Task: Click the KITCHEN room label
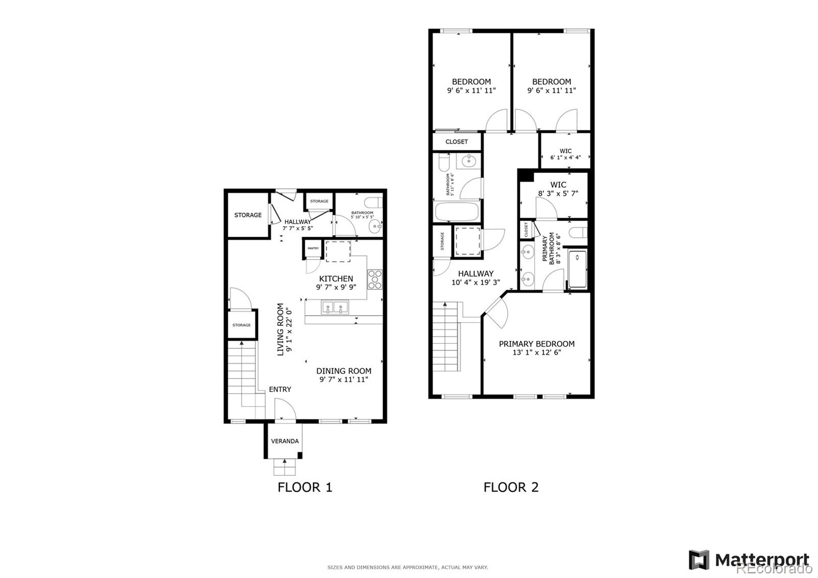pyautogui.click(x=336, y=279)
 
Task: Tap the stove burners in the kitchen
pyautogui.click(x=375, y=279)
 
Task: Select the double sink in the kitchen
pyautogui.click(x=335, y=307)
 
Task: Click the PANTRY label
pyautogui.click(x=313, y=249)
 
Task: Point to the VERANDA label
pyautogui.click(x=285, y=441)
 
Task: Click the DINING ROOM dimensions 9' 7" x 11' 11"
pyautogui.click(x=344, y=380)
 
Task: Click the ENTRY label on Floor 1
pyautogui.click(x=280, y=389)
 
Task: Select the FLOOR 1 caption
pyautogui.click(x=305, y=487)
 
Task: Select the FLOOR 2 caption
pyautogui.click(x=511, y=487)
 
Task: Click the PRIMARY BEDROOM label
pyautogui.click(x=537, y=344)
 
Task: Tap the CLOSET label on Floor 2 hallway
pyautogui.click(x=457, y=142)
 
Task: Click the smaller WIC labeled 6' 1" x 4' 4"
pyautogui.click(x=565, y=154)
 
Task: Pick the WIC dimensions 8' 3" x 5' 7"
pyautogui.click(x=558, y=194)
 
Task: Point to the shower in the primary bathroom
pyautogui.click(x=578, y=269)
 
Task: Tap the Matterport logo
pyautogui.click(x=749, y=560)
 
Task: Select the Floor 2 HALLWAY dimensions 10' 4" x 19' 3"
pyautogui.click(x=475, y=282)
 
